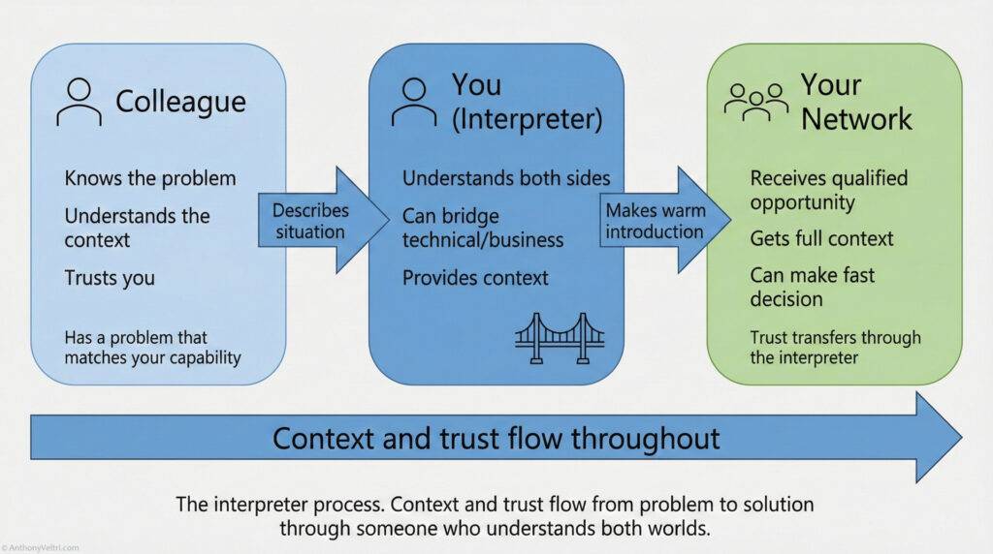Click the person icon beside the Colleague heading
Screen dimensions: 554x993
coord(79,102)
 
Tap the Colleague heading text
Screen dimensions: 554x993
coord(180,101)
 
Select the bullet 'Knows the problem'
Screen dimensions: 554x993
coord(150,178)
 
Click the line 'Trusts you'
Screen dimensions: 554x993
coord(110,278)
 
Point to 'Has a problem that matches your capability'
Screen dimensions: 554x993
coord(153,348)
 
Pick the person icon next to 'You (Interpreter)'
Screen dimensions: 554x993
coord(414,102)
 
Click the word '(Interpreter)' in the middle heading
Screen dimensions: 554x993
coord(527,119)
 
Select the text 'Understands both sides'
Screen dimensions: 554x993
coord(506,178)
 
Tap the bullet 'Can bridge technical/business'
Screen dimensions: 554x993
coord(482,227)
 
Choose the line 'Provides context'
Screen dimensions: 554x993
coord(475,278)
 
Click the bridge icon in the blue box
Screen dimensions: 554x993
coord(560,338)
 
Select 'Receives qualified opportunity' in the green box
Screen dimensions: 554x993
coord(828,190)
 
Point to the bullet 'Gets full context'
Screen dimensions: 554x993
coord(821,238)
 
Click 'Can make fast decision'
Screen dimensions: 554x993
coord(812,287)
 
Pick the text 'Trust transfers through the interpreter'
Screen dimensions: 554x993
coord(835,348)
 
